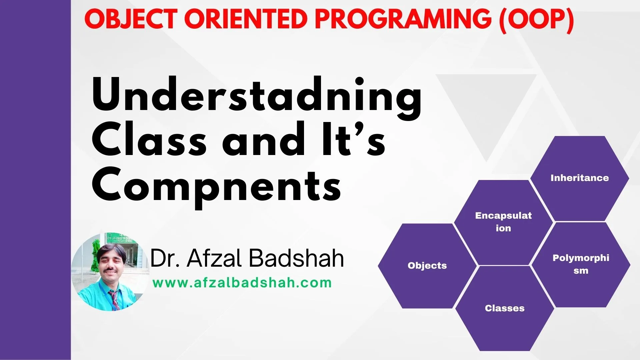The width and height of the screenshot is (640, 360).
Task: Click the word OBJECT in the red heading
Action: tap(131, 19)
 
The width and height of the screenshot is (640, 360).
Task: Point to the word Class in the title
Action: tap(149, 139)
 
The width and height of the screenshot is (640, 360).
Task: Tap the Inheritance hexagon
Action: tap(580, 178)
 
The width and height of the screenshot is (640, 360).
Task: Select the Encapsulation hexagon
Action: tap(503, 222)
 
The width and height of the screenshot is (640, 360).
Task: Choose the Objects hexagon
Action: tap(427, 266)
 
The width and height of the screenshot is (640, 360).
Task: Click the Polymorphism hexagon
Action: tap(581, 265)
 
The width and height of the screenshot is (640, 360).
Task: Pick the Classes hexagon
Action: tap(505, 308)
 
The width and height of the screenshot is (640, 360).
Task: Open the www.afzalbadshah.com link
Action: tap(242, 283)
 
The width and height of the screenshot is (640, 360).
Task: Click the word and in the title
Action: tap(264, 139)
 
